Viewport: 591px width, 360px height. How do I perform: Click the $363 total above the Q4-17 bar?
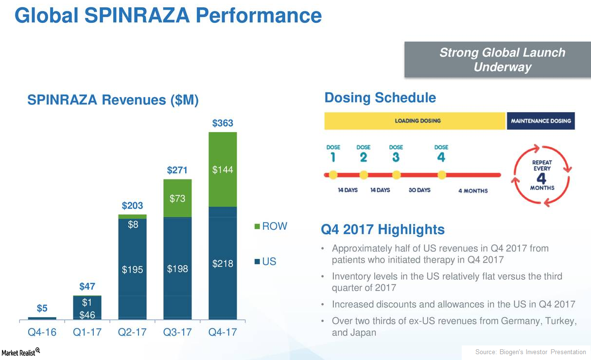click(x=223, y=123)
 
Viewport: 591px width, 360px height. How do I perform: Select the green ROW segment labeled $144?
click(x=223, y=170)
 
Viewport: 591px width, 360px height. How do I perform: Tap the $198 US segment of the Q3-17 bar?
click(x=177, y=269)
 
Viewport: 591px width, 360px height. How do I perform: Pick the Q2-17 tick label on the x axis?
click(x=133, y=333)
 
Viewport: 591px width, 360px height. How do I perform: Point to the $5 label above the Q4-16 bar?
click(x=42, y=309)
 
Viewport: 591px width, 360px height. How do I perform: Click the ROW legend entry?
click(x=271, y=226)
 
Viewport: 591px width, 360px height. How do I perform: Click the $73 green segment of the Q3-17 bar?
click(x=177, y=198)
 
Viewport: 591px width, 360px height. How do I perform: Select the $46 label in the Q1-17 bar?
click(x=87, y=315)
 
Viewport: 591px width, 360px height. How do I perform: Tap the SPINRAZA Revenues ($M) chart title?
click(x=113, y=100)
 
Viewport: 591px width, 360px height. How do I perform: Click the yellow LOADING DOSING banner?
click(x=415, y=121)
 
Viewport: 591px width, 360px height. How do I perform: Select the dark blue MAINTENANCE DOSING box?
click(x=540, y=121)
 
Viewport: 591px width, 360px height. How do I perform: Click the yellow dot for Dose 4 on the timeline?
click(x=441, y=175)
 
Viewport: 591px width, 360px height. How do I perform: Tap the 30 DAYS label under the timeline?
click(x=419, y=190)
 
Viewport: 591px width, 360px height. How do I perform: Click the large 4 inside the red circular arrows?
click(x=542, y=178)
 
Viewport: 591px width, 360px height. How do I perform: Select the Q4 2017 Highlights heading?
click(x=383, y=230)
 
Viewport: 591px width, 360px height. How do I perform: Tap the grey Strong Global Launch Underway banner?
click(x=497, y=60)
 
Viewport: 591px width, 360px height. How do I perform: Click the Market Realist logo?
click(x=19, y=353)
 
